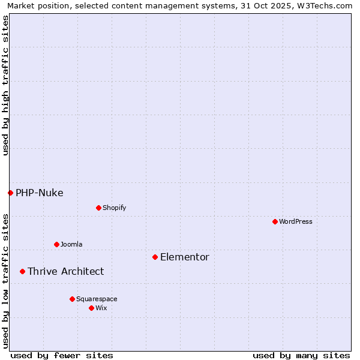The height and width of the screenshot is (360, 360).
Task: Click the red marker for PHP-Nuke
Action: coord(10,193)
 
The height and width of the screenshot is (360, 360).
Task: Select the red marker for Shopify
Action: coord(98,208)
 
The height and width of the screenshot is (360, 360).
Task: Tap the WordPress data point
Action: coord(275,221)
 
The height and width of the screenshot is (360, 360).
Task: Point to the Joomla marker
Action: coord(56,244)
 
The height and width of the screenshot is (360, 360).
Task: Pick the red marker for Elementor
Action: coord(155,257)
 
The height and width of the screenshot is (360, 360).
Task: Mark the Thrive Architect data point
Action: coord(22,271)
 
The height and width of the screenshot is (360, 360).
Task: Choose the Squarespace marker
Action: coord(72,299)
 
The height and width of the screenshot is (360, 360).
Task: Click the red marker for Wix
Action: coord(91,308)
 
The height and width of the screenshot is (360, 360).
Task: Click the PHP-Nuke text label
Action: coord(40,193)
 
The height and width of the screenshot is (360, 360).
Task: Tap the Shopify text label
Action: coord(114,208)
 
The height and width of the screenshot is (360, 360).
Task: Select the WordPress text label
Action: coord(296,221)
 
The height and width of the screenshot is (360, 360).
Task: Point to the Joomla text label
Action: coord(71,244)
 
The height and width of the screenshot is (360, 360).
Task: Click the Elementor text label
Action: coord(185,257)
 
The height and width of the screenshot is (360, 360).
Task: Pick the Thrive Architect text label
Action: coord(66,271)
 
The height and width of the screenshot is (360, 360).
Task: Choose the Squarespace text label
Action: coord(97,299)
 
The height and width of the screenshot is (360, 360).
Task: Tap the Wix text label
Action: coord(101,308)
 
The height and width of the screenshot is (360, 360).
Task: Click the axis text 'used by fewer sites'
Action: coord(62,355)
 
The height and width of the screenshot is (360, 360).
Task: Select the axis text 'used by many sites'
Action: coord(301,355)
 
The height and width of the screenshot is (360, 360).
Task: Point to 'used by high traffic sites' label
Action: coord(5,86)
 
